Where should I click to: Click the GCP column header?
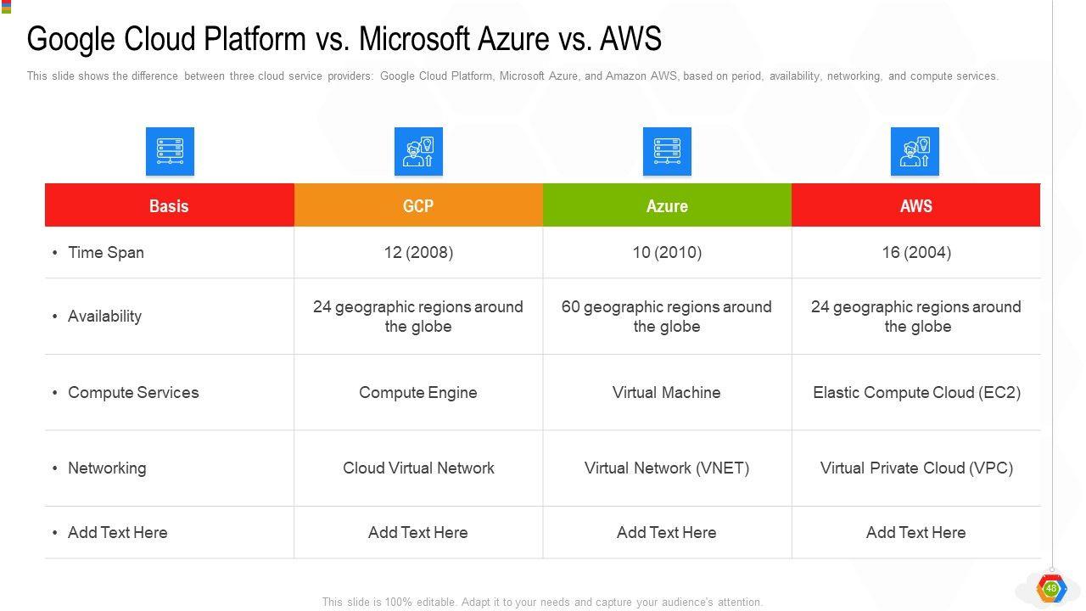pos(418,205)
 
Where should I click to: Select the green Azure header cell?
pos(667,205)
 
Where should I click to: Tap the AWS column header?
pos(915,205)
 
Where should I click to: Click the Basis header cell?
pos(169,205)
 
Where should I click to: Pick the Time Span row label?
pos(106,252)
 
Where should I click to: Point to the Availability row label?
pos(104,316)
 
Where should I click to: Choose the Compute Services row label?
pos(133,392)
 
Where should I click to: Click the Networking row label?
pos(107,468)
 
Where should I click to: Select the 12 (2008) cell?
pos(418,252)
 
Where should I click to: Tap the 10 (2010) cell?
pos(667,252)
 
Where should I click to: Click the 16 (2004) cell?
pos(915,252)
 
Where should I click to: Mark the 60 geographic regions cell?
pos(667,317)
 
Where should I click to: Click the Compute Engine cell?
pos(418,392)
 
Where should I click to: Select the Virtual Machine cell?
pos(667,392)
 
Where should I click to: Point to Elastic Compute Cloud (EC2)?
pos(916,392)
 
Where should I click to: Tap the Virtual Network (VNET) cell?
pos(667,468)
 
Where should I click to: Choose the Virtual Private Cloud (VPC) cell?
pos(916,468)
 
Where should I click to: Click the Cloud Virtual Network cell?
pos(418,468)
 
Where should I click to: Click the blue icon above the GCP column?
pos(418,152)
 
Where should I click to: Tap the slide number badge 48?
pos(1051,588)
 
